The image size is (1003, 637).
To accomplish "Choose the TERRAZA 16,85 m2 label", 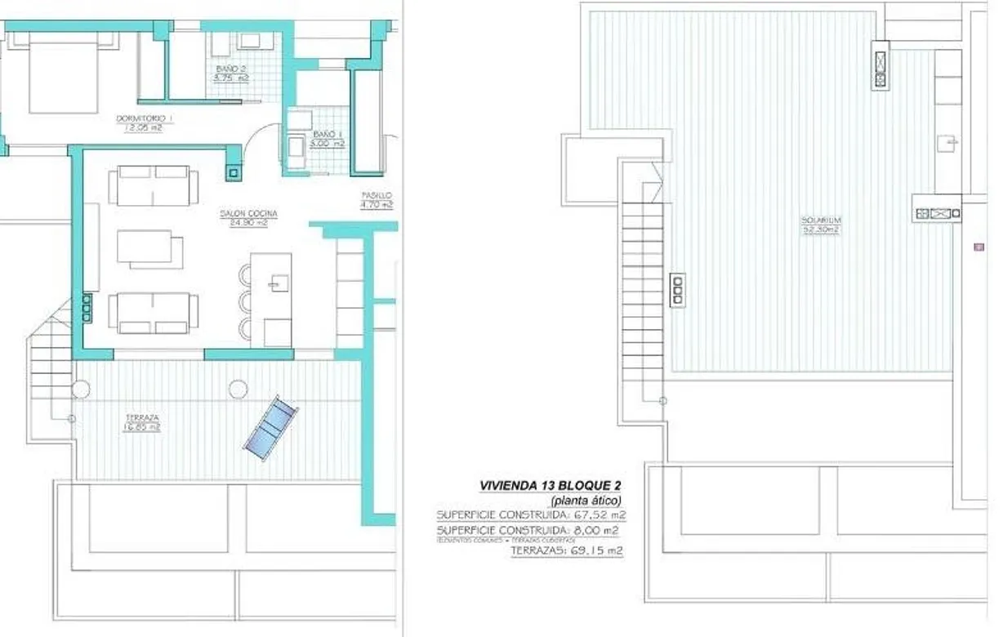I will coord(142,421).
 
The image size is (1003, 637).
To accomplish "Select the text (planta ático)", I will coord(586,501).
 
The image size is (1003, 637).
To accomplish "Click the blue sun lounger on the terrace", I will coord(270,428).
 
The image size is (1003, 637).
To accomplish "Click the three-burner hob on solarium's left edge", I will coord(677,289).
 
